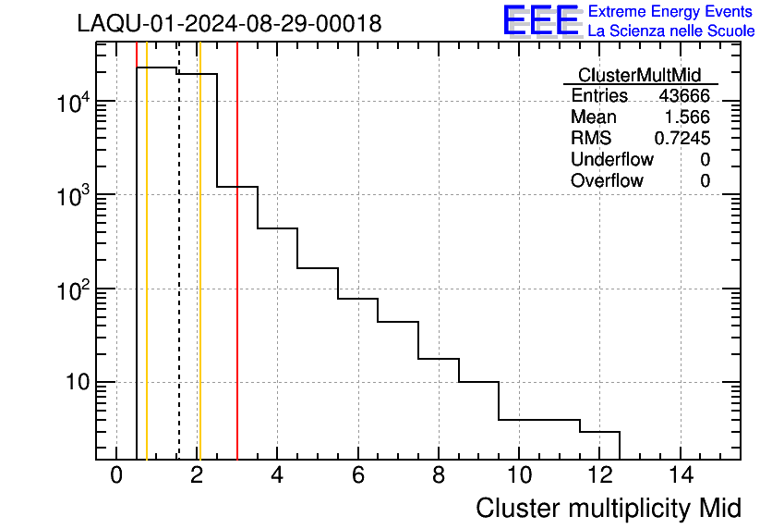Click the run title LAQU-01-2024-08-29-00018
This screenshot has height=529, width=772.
[x=229, y=23]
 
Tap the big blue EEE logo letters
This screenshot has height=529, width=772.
[x=540, y=20]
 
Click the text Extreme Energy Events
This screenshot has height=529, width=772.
[x=671, y=12]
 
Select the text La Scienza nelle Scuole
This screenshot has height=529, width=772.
[x=671, y=31]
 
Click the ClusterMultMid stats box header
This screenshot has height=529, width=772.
[x=639, y=75]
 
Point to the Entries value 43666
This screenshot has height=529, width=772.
[x=683, y=96]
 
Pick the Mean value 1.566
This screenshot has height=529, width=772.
[x=687, y=117]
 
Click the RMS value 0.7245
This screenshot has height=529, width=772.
[x=682, y=139]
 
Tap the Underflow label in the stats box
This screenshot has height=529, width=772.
[x=611, y=159]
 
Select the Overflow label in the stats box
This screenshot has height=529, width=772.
[x=607, y=180]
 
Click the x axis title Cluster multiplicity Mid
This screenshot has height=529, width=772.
[x=608, y=508]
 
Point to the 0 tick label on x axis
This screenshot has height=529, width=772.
[x=116, y=475]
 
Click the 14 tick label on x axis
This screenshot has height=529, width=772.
[x=680, y=475]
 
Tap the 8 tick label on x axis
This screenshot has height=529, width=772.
[x=439, y=475]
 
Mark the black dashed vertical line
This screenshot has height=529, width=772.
[x=178, y=277]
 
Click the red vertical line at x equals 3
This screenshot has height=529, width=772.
[x=237, y=277]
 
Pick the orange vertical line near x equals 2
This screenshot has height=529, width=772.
[x=199, y=277]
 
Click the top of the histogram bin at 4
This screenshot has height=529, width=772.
[x=277, y=228]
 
